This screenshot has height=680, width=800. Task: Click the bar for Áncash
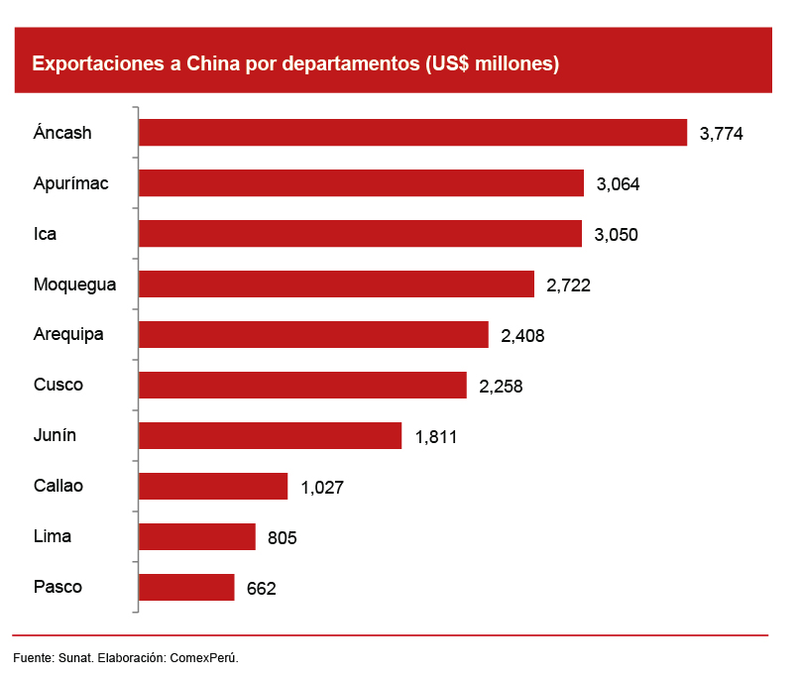[412, 133]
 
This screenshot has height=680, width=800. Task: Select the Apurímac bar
[361, 183]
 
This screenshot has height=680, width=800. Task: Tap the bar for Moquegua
[336, 284]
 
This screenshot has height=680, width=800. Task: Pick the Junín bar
[270, 435]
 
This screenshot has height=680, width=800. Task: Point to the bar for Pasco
[186, 587]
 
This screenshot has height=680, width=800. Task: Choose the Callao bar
[213, 486]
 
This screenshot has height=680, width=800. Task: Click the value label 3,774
[721, 134]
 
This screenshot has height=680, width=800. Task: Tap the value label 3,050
[616, 235]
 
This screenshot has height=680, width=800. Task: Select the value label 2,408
[522, 335]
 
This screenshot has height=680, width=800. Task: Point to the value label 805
[282, 537]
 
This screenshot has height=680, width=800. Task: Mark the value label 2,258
[501, 386]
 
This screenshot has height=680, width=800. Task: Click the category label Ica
[45, 234]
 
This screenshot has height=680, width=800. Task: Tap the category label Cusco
[58, 385]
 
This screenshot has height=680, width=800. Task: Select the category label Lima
[53, 536]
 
